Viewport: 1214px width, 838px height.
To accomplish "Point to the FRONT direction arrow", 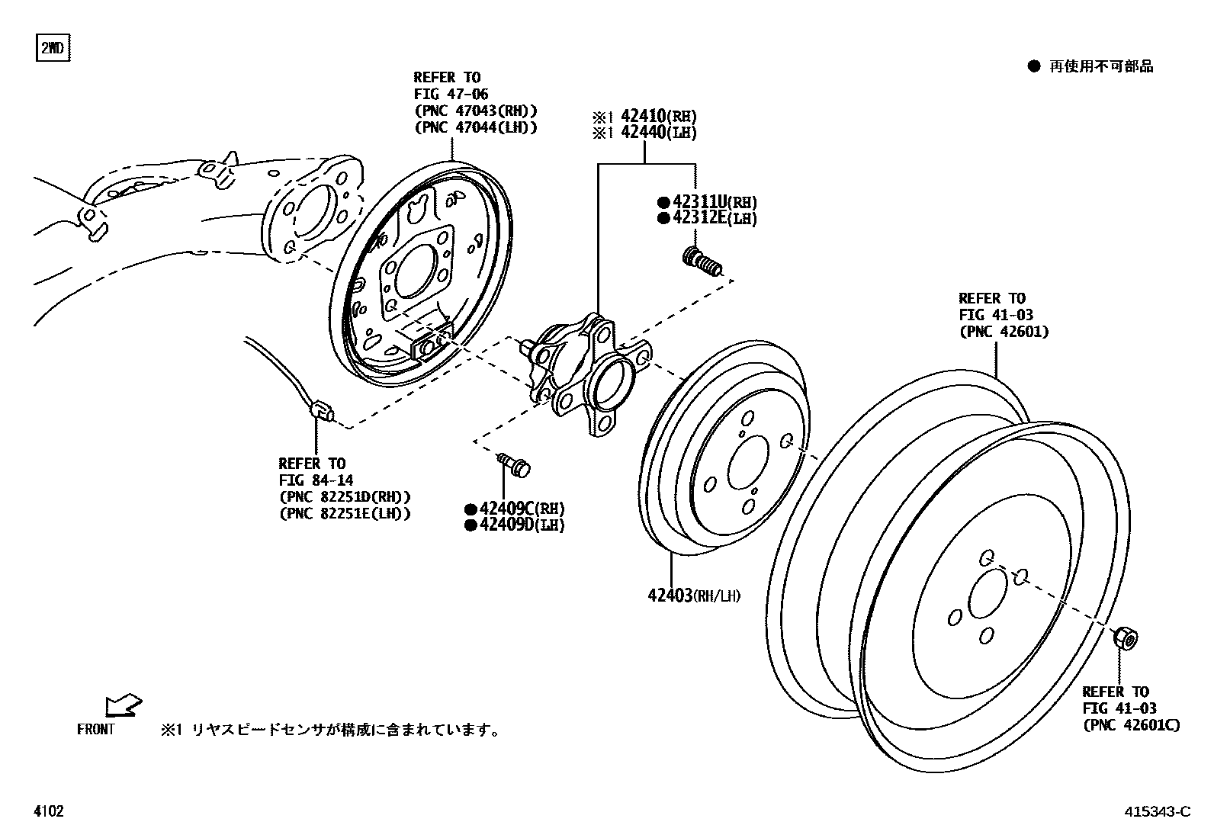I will (x=123, y=705).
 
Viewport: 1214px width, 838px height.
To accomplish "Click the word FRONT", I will (x=96, y=730).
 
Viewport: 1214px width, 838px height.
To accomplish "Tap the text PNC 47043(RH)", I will (x=476, y=111).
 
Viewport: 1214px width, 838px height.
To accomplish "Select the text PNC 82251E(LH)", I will (x=345, y=513).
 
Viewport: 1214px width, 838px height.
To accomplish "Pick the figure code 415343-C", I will (x=1157, y=812).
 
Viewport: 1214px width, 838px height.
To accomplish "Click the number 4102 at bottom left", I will (x=49, y=812).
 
